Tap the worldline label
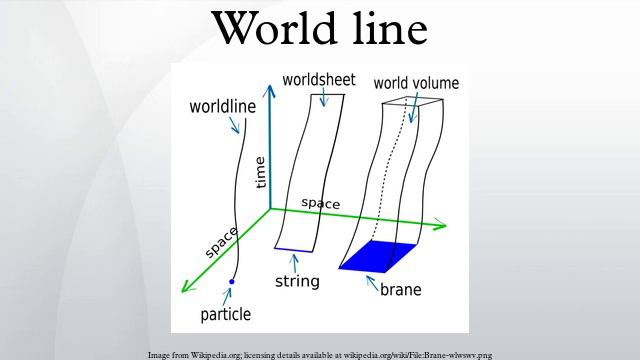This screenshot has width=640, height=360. point(221,105)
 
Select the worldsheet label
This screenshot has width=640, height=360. point(319,78)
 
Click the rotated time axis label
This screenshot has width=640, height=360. point(261,172)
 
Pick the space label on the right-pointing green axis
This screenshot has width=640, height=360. point(321,204)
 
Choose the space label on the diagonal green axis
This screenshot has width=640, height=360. point(222,243)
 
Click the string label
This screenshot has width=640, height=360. point(297,282)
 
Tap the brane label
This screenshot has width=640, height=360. point(400,291)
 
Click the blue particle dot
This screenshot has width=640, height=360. point(231,283)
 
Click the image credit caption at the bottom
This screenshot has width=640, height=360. point(319,354)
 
